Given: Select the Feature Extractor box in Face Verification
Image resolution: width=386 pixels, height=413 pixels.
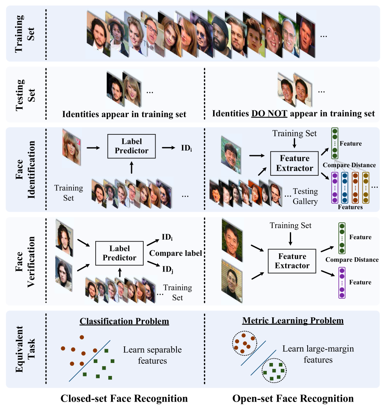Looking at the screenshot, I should click(x=292, y=260).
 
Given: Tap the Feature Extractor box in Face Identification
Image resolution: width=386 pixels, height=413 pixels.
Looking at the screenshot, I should click(x=295, y=164).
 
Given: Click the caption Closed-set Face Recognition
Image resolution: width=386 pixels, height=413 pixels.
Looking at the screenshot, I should click(x=124, y=399).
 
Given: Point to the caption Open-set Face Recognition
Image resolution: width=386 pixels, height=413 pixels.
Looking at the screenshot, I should click(x=293, y=399).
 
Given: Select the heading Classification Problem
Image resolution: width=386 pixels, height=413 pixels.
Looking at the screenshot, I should click(x=124, y=321).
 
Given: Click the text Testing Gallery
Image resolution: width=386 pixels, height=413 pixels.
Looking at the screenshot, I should click(x=305, y=196).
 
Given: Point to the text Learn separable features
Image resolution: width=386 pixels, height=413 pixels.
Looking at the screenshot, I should click(x=152, y=355).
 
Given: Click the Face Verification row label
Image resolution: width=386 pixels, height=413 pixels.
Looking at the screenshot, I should click(x=23, y=261).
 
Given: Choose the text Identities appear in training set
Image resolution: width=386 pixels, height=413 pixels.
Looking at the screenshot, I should click(x=124, y=114).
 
